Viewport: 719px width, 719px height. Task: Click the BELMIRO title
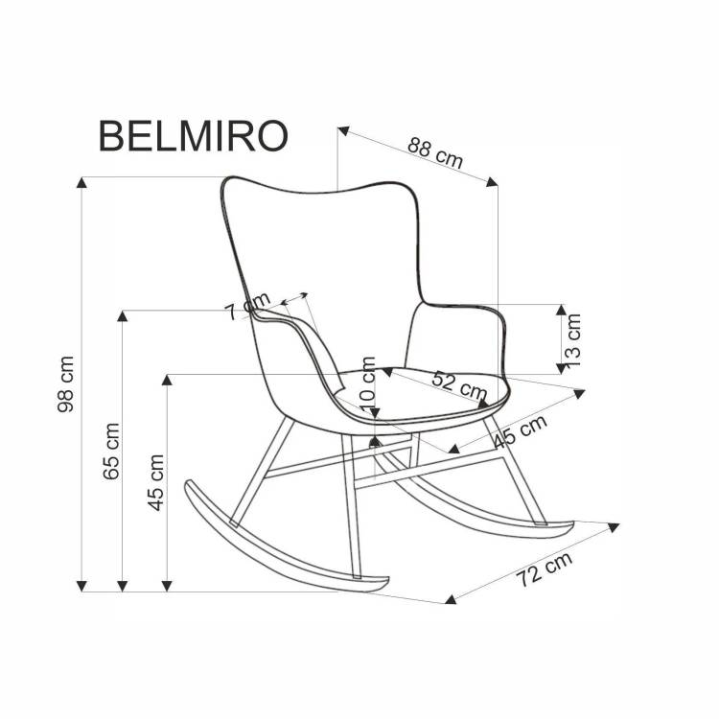(193, 136)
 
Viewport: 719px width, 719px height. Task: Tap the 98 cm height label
(65, 383)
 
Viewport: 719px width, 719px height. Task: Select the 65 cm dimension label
(111, 452)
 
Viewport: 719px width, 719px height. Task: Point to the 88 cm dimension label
(435, 152)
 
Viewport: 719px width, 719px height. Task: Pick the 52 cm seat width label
(459, 385)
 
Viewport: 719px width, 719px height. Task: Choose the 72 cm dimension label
(545, 569)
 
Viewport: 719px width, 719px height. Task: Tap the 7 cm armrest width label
(248, 307)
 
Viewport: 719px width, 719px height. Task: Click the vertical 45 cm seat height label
(156, 482)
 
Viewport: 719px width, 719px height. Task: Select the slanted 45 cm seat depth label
(521, 431)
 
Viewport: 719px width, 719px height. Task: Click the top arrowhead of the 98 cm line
(81, 182)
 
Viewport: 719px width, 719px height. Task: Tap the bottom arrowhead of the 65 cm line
(123, 586)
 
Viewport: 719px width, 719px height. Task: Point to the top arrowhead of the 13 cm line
(561, 310)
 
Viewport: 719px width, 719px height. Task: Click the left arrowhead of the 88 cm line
(343, 130)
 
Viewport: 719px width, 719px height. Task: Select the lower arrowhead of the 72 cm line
(451, 598)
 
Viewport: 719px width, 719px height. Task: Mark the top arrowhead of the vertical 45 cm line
(167, 380)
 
